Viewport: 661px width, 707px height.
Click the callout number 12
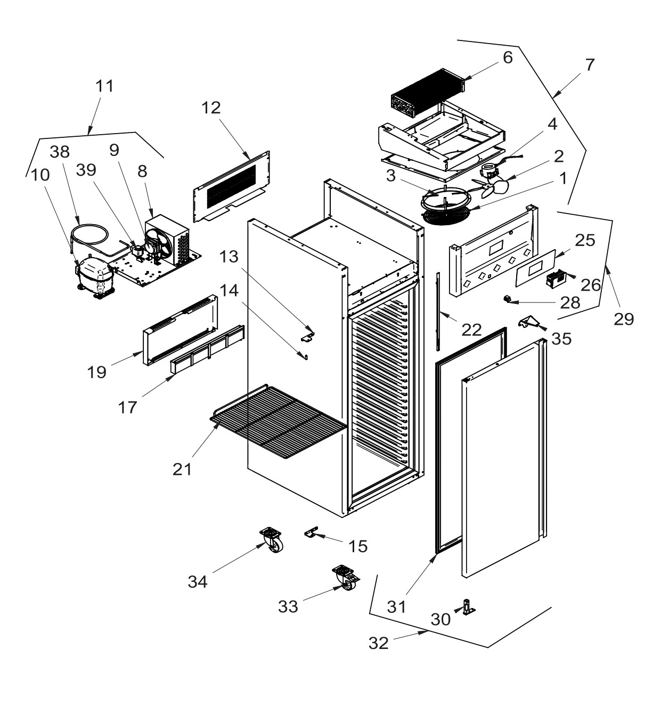[211, 108]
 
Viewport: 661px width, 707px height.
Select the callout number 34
[198, 582]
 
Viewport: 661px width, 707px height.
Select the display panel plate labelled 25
[534, 267]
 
